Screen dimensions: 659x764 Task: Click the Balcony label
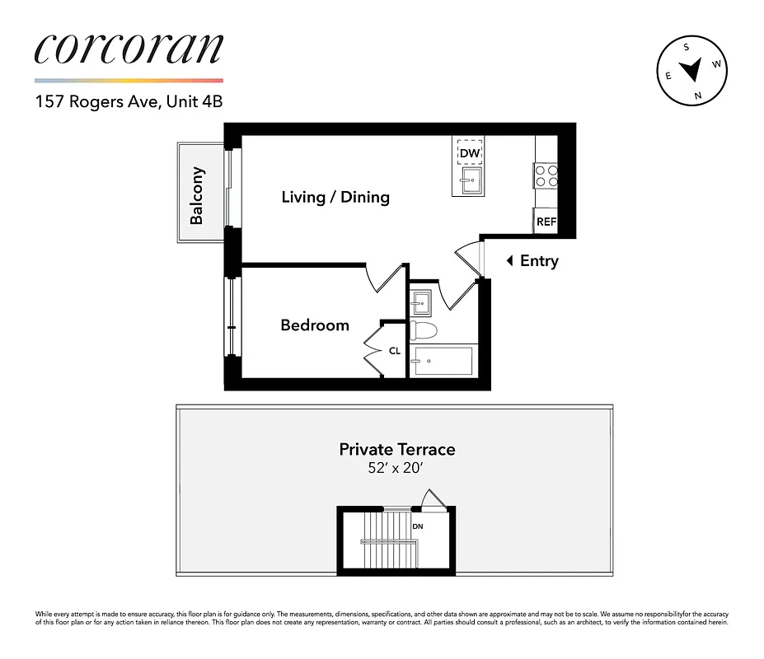[198, 196]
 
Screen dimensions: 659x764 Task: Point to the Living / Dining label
[335, 198]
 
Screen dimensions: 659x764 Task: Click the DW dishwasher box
[470, 153]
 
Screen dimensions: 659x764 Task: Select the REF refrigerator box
[546, 222]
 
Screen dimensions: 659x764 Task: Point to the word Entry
[539, 261]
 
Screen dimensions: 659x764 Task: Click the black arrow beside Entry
[510, 261]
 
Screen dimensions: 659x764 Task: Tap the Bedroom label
[315, 325]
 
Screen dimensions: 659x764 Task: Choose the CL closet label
[395, 351]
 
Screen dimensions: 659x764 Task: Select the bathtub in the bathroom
[444, 360]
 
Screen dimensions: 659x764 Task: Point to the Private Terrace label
[396, 450]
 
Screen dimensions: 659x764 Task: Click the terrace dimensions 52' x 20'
[396, 468]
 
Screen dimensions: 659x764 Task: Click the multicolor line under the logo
[129, 81]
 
